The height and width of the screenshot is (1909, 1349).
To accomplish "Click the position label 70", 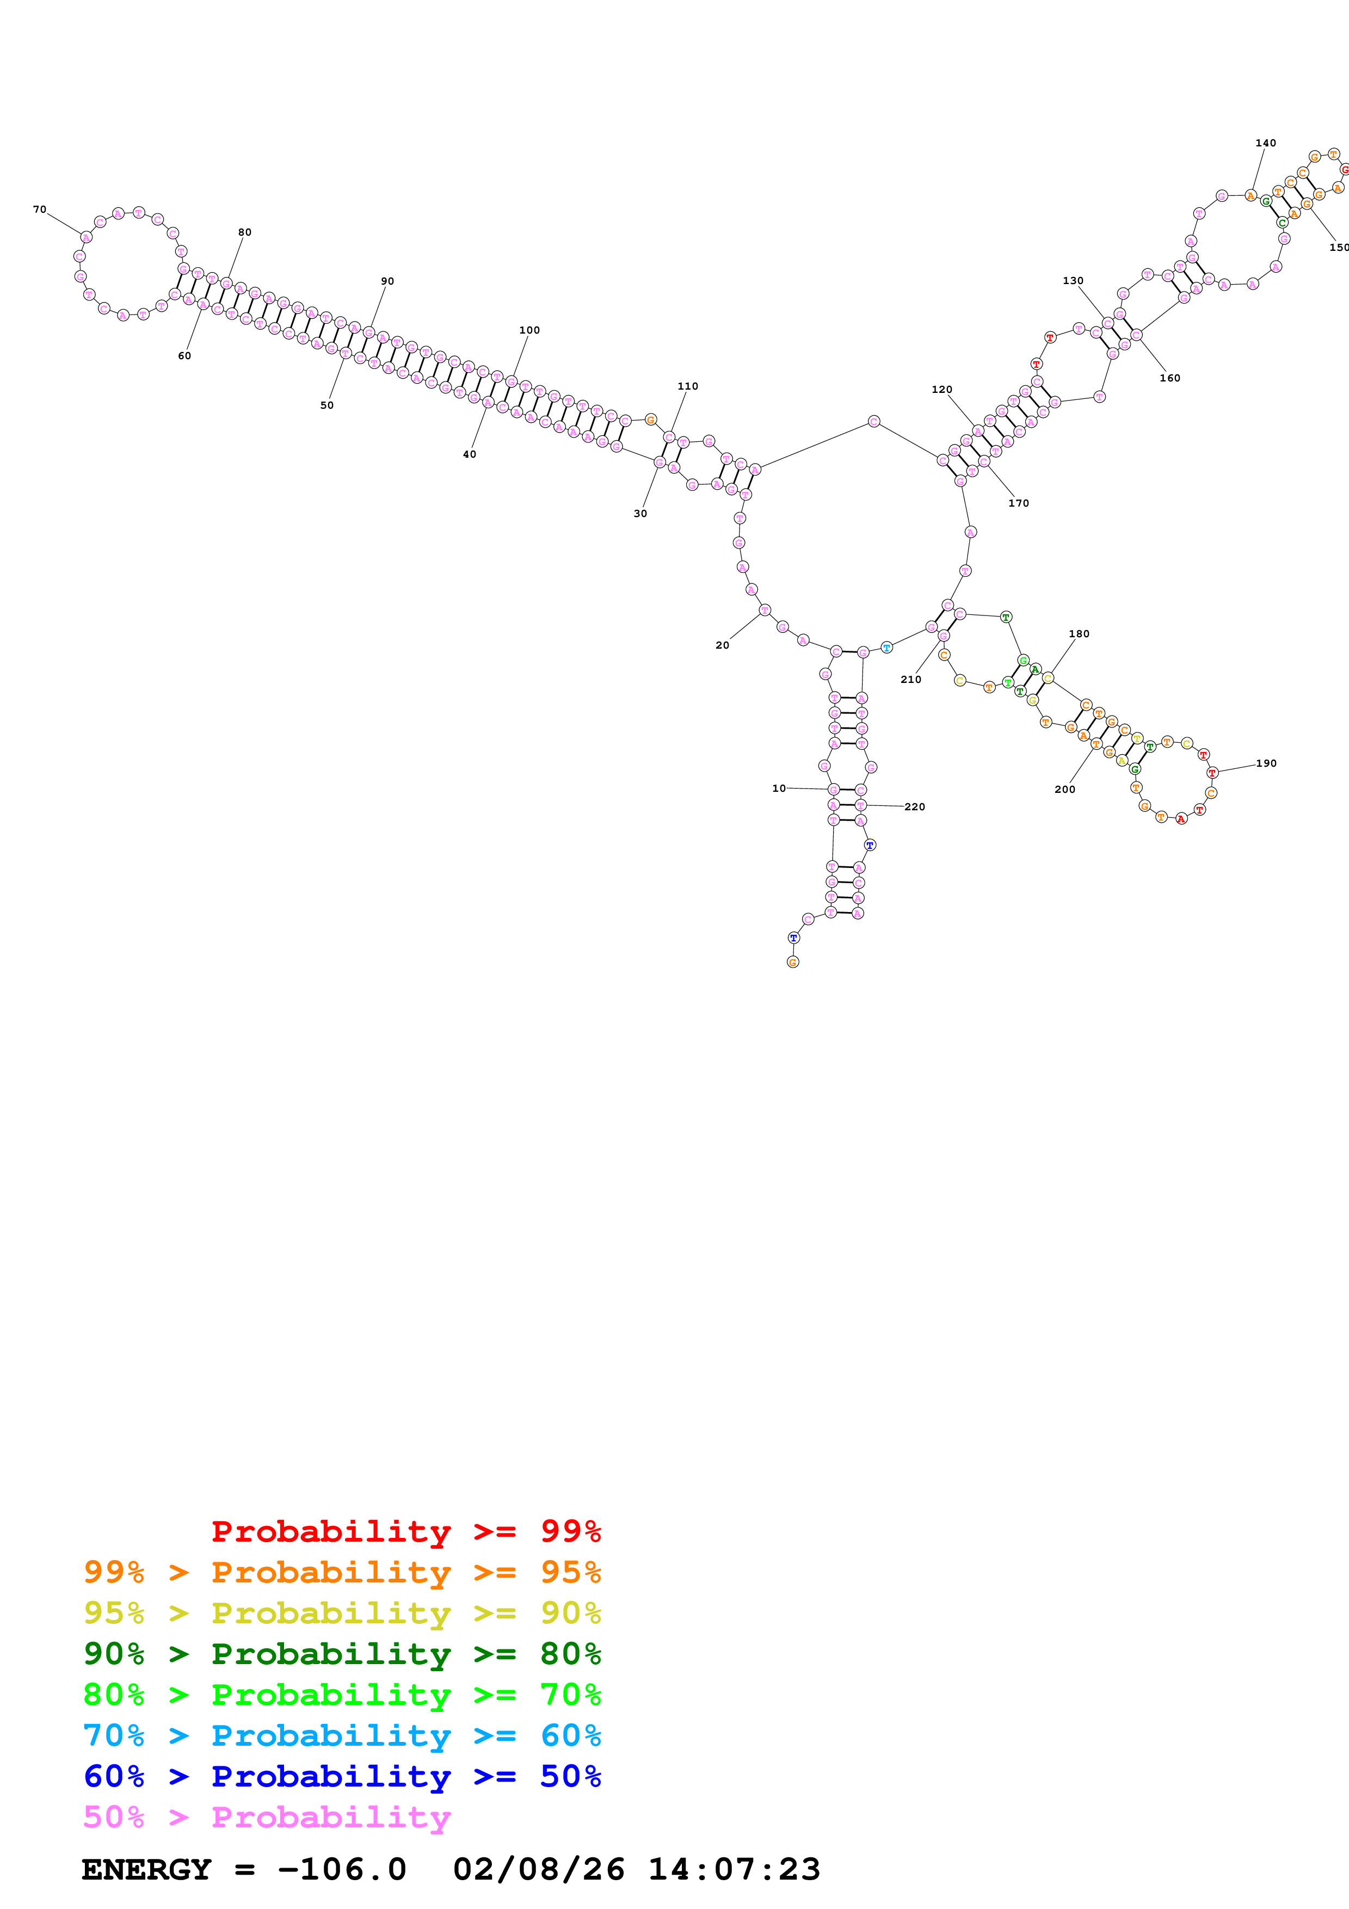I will click(40, 210).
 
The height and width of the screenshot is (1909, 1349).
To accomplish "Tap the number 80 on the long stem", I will click(244, 232).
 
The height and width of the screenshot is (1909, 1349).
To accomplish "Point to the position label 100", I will click(529, 330).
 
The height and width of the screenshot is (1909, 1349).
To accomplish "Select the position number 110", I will click(687, 386).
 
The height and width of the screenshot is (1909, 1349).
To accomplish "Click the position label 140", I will click(1265, 143).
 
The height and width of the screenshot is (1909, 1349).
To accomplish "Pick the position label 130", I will click(1073, 280).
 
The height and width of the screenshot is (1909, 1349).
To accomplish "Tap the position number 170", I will click(1018, 503).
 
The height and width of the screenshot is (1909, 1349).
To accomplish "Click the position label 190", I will click(1266, 763).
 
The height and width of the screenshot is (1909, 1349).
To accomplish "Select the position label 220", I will click(914, 806).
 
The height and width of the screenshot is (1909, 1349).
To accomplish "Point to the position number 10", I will click(779, 788).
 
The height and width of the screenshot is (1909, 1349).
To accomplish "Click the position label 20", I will click(722, 645).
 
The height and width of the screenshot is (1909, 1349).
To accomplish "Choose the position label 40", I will click(470, 454).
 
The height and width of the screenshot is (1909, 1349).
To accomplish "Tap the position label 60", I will click(184, 356).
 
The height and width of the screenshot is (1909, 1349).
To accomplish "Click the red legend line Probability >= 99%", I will click(405, 1531).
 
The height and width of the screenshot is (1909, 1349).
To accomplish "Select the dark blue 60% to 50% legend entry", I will click(342, 1776).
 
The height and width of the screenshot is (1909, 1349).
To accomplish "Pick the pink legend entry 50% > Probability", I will click(267, 1816).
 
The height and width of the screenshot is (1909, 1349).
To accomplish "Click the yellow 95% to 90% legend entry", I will click(342, 1612).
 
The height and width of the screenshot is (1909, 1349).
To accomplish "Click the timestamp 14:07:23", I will click(734, 1869).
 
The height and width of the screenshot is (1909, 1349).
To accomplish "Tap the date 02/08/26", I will click(539, 1869).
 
